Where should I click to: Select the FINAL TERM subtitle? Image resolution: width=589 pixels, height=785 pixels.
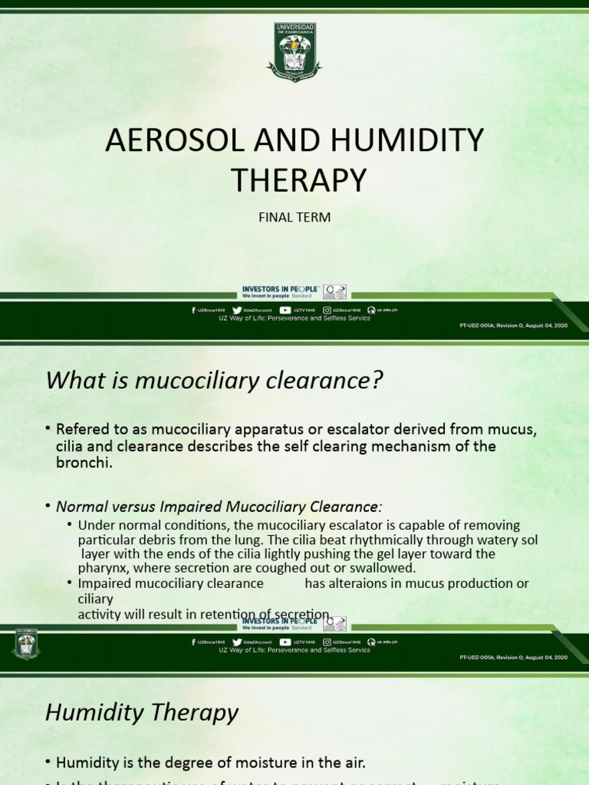[x=294, y=217]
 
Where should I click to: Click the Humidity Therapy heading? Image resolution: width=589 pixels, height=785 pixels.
[x=142, y=712]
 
